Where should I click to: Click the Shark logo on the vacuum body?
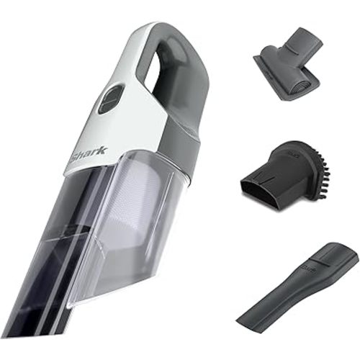point(87,152)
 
